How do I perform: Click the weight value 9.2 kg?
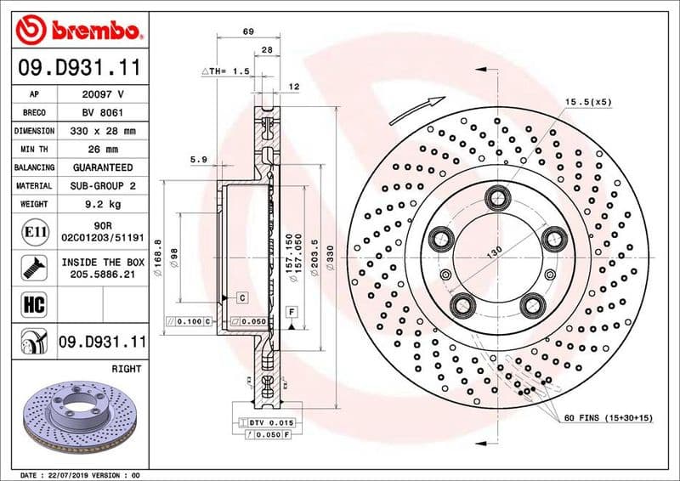tap(103, 204)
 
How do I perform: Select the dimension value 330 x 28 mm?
tap(103, 131)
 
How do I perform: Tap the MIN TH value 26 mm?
tap(103, 150)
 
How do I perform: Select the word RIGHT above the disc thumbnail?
tap(126, 370)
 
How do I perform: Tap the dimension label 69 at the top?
tap(248, 31)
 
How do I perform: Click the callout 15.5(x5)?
tap(588, 102)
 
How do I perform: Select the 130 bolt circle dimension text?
tap(492, 252)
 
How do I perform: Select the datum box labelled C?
tap(242, 297)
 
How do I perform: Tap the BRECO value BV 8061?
tap(103, 112)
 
